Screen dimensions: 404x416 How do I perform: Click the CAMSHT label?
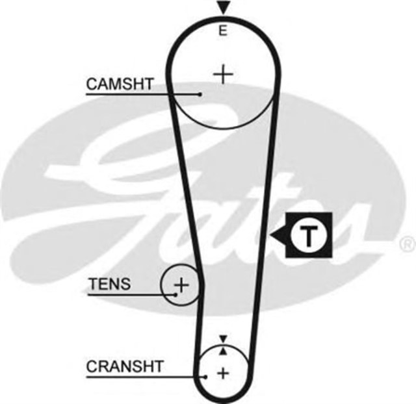[x=120, y=84]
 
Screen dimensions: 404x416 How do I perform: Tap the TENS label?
[x=109, y=284]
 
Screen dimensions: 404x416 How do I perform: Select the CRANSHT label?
[x=125, y=366]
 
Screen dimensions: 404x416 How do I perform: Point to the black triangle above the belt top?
[x=224, y=8]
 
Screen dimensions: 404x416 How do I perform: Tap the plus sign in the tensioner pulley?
[x=182, y=284]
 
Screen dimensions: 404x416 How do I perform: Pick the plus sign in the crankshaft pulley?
[x=224, y=373]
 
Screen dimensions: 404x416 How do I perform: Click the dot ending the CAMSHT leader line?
[x=200, y=95]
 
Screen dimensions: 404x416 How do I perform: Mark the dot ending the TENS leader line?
[x=175, y=294]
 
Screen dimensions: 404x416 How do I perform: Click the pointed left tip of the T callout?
[x=272, y=234]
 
